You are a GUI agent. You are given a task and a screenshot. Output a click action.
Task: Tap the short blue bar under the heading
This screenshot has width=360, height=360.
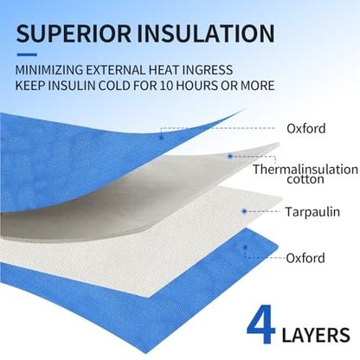click(27, 55)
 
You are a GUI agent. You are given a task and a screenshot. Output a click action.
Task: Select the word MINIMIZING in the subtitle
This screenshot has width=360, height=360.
click(49, 70)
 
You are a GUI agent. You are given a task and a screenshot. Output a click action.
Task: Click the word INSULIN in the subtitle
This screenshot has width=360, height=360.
click(70, 86)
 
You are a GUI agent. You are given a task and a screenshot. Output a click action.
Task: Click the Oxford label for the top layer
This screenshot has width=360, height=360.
click(306, 128)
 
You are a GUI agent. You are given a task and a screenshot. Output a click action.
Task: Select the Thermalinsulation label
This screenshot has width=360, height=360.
click(305, 170)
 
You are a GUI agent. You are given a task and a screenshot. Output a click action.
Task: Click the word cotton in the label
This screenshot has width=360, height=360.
click(305, 179)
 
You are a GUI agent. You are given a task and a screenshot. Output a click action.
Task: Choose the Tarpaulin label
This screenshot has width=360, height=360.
click(312, 212)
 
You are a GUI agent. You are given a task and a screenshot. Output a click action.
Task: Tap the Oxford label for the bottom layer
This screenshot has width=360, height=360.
click(305, 258)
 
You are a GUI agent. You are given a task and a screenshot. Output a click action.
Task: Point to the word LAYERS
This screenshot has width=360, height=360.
click(316, 335)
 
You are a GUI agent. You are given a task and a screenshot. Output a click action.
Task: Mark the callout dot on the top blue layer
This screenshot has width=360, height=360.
click(161, 138)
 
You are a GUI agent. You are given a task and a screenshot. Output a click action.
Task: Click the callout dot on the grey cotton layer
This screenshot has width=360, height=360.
click(230, 157)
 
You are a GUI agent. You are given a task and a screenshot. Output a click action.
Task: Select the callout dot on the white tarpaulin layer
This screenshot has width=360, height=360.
click(244, 211)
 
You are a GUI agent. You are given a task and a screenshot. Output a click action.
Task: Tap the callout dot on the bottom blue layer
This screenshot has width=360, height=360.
click(245, 247)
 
